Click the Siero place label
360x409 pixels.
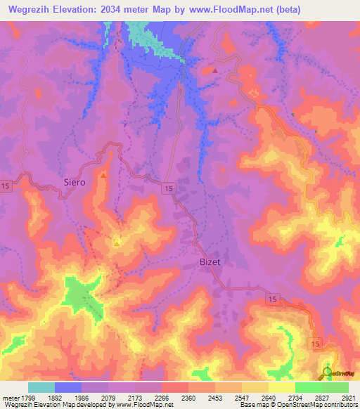click(75, 182)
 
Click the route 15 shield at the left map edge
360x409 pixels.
click(6, 185)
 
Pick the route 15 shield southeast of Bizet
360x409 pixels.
click(273, 299)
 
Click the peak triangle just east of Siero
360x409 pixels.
click(103, 175)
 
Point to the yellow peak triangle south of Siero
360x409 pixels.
click(116, 243)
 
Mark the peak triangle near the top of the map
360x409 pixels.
click(215, 71)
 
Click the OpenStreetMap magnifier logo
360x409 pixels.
click(328, 372)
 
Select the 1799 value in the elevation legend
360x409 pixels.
click(28, 397)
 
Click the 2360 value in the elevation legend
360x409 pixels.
click(188, 397)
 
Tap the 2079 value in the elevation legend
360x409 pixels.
click(108, 397)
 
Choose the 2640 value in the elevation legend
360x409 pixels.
click(269, 397)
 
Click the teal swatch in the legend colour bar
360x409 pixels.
click(41, 387)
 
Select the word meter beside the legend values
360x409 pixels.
click(11, 397)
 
